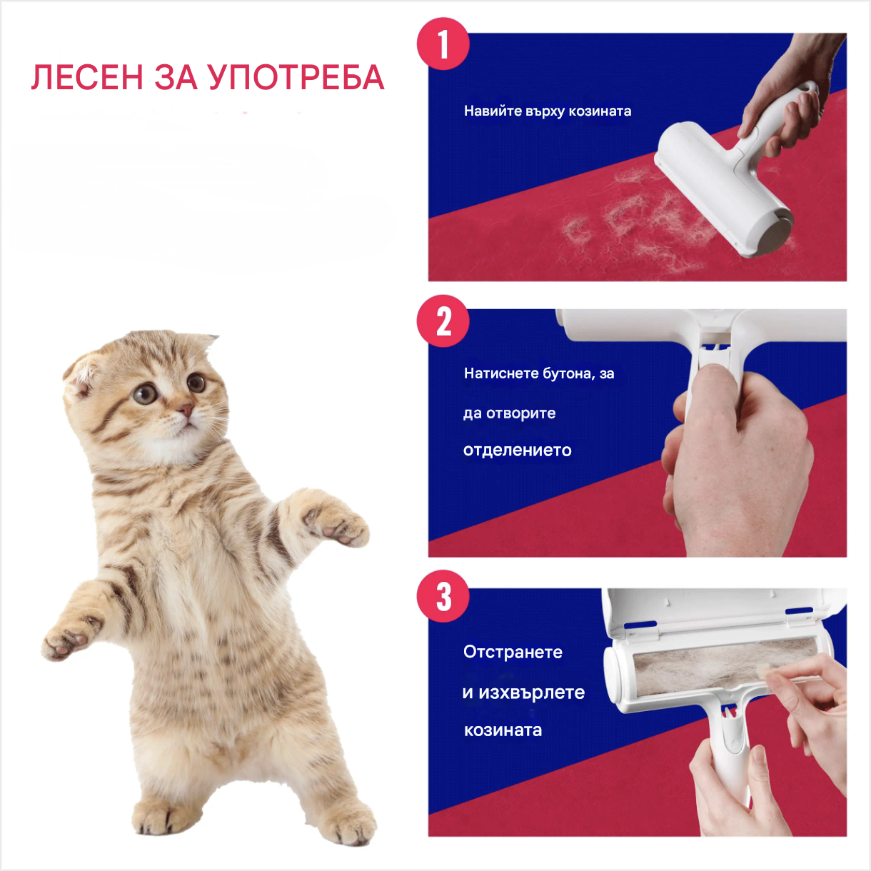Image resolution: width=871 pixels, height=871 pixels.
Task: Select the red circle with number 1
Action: tap(443, 44)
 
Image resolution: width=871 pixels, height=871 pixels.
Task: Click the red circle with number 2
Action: tap(443, 321)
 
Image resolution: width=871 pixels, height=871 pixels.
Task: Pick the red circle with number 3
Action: tap(443, 597)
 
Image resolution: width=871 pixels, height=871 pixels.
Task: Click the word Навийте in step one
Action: tap(493, 111)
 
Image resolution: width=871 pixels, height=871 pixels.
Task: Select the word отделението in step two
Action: tap(517, 450)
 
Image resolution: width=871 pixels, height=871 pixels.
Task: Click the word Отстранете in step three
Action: tap(513, 652)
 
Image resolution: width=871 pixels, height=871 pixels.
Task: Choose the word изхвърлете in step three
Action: tap(531, 693)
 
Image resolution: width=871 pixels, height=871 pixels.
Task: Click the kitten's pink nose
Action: tap(185, 411)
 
